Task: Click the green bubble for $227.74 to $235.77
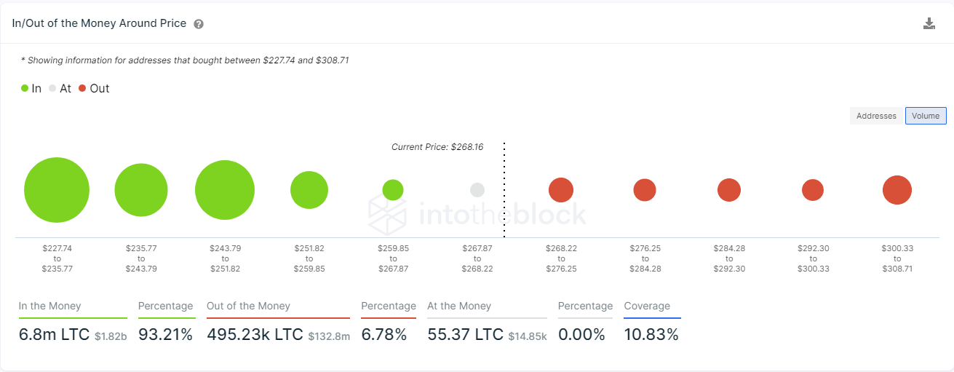[57, 190]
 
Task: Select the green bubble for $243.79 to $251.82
[225, 190]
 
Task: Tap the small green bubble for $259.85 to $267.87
[393, 190]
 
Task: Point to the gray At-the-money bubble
[477, 190]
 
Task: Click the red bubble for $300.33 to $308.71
[897, 190]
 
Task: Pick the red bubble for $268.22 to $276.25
[561, 190]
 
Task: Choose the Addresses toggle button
[876, 116]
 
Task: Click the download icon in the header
[929, 23]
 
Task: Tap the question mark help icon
[199, 24]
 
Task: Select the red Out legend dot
[82, 89]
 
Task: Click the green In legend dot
[25, 89]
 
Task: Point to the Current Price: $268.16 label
[437, 147]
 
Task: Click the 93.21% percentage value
[165, 335]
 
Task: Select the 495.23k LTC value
[255, 335]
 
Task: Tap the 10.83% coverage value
[651, 335]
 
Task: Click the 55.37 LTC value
[465, 335]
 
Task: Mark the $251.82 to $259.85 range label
[309, 258]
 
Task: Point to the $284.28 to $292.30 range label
[729, 258]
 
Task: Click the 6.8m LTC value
[54, 335]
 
